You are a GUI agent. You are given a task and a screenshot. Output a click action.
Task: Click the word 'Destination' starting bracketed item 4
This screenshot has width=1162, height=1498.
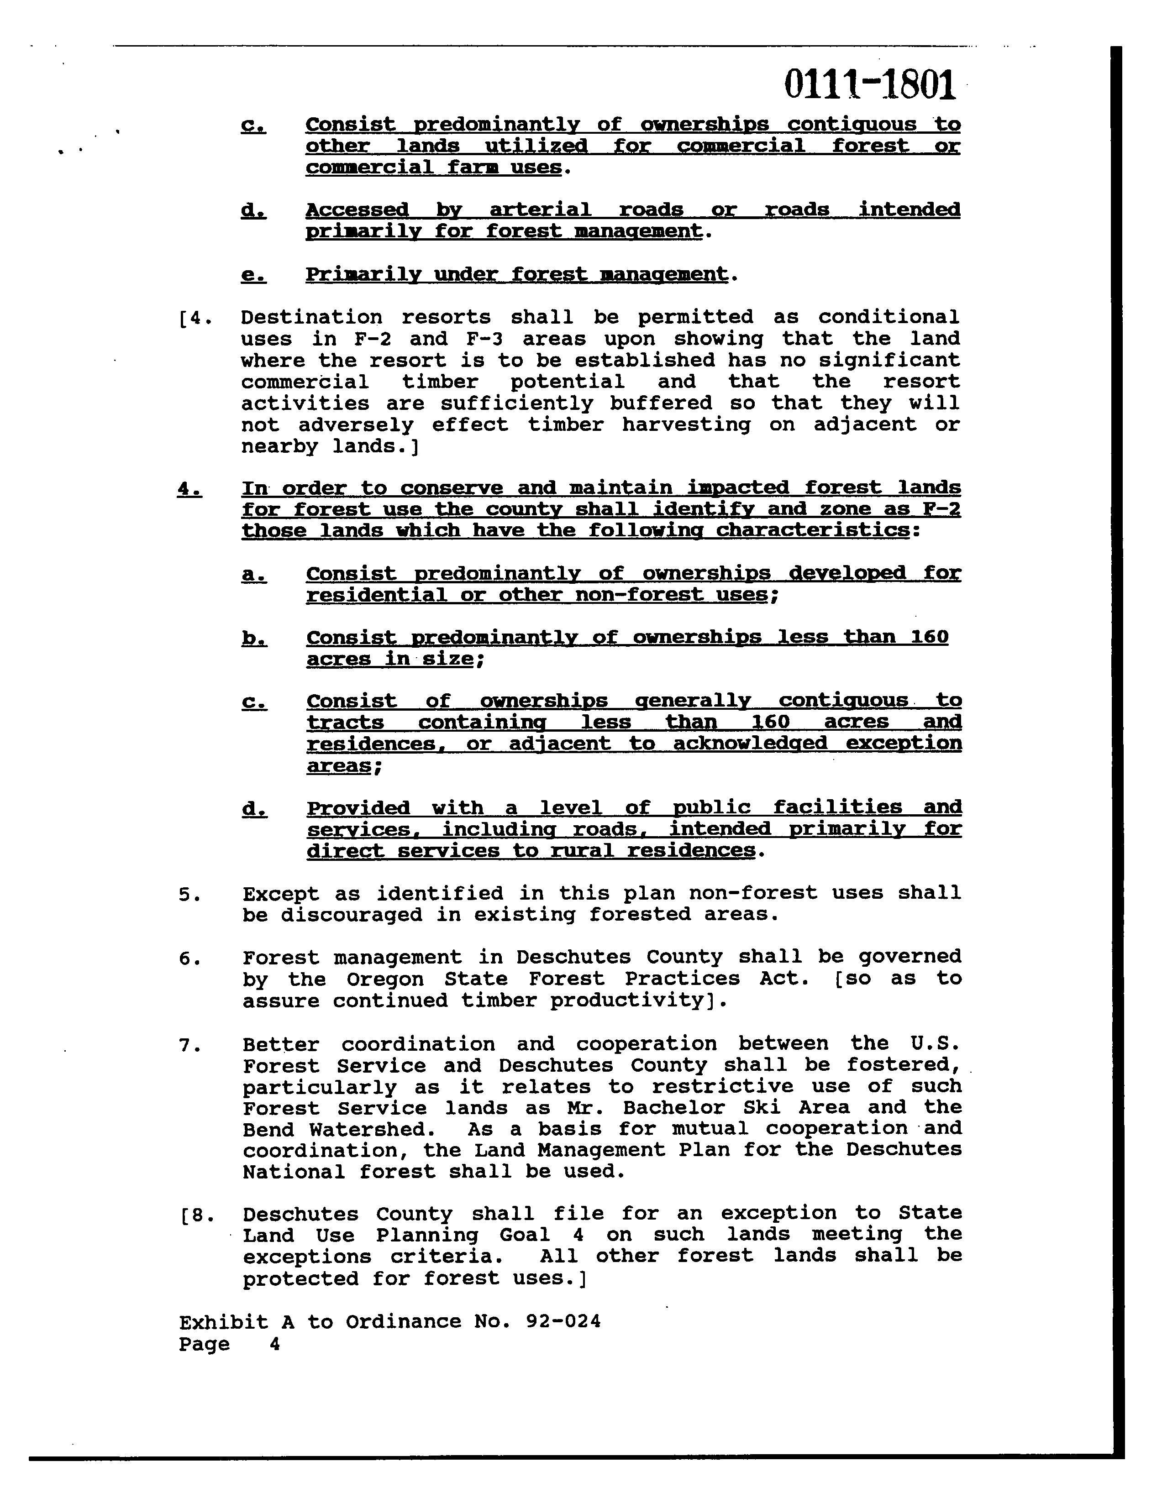coord(311,318)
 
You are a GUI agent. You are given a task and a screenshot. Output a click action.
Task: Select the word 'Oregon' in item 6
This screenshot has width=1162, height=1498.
coord(370,979)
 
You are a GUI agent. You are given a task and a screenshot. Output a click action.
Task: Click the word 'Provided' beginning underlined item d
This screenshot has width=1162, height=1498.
coord(358,808)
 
